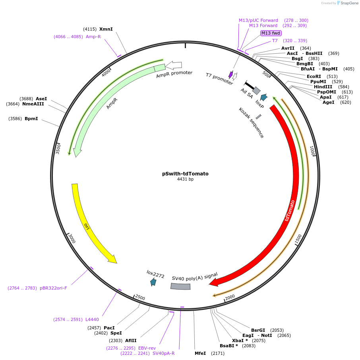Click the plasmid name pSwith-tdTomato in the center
point(185,174)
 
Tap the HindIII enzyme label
point(323,87)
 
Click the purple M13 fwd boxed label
point(271,33)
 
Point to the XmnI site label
point(106,29)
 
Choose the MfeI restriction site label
point(200,353)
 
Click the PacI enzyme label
point(109,328)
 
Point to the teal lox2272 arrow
point(153,282)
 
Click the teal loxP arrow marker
point(264,97)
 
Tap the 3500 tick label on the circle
point(58,149)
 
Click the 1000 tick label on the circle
point(312,151)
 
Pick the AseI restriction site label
point(41,99)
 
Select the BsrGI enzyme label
point(258,330)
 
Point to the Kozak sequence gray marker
point(259,117)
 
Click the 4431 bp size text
point(185,179)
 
